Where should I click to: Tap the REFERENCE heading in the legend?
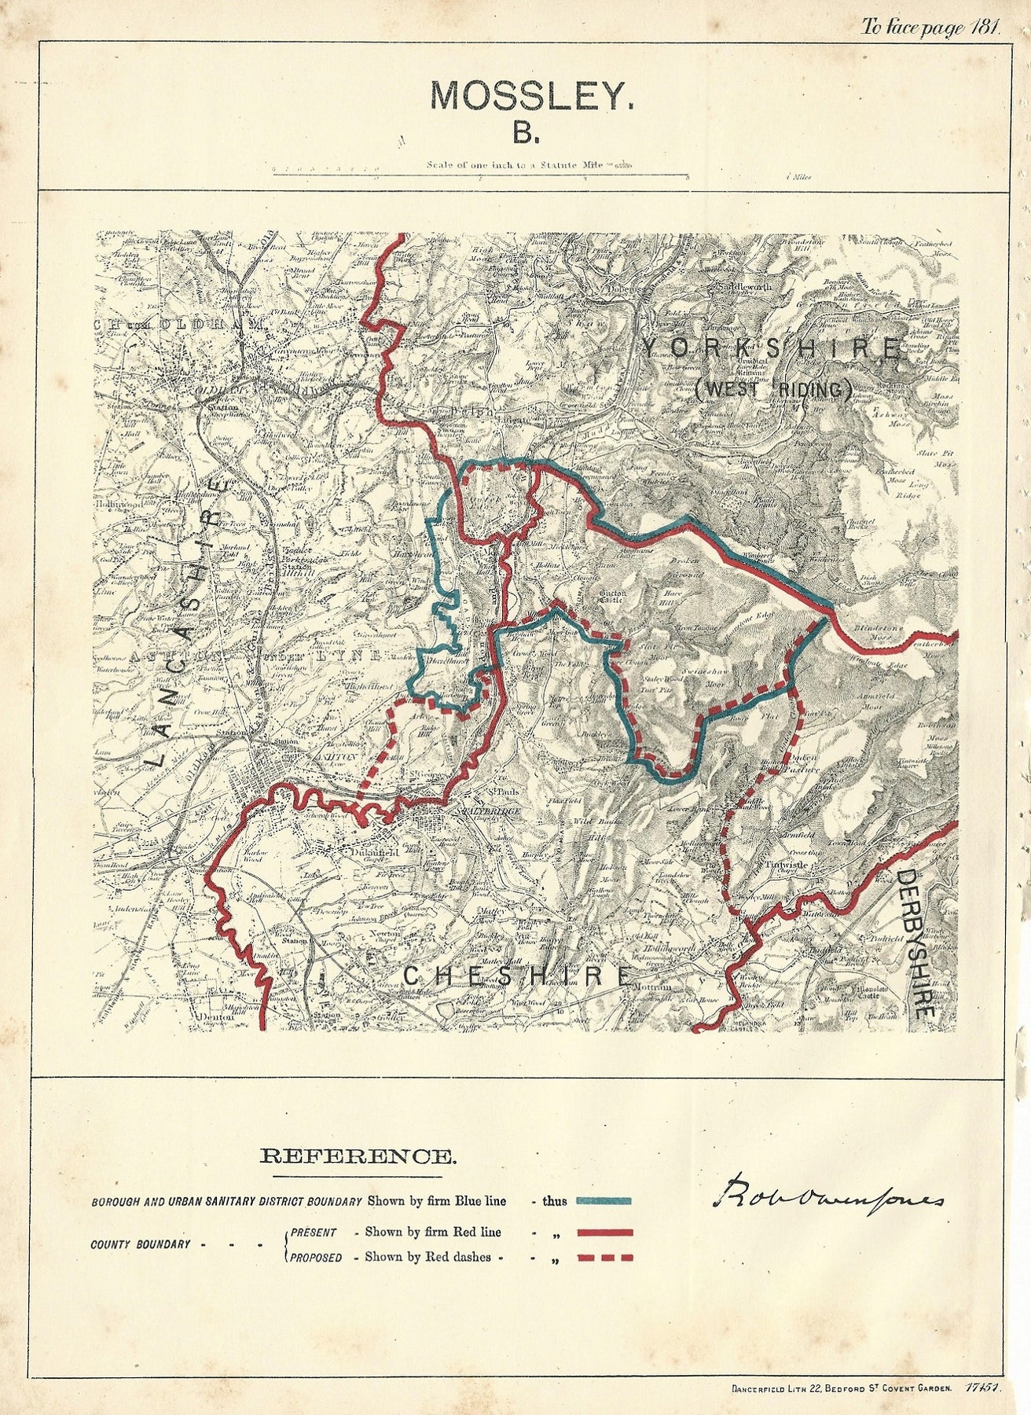coord(357,1156)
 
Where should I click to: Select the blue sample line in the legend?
coord(604,1201)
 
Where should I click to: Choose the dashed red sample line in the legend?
coord(604,1258)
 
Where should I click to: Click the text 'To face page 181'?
coord(930,28)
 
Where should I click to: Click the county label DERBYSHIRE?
coord(916,943)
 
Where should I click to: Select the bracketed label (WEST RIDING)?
coord(774,388)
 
